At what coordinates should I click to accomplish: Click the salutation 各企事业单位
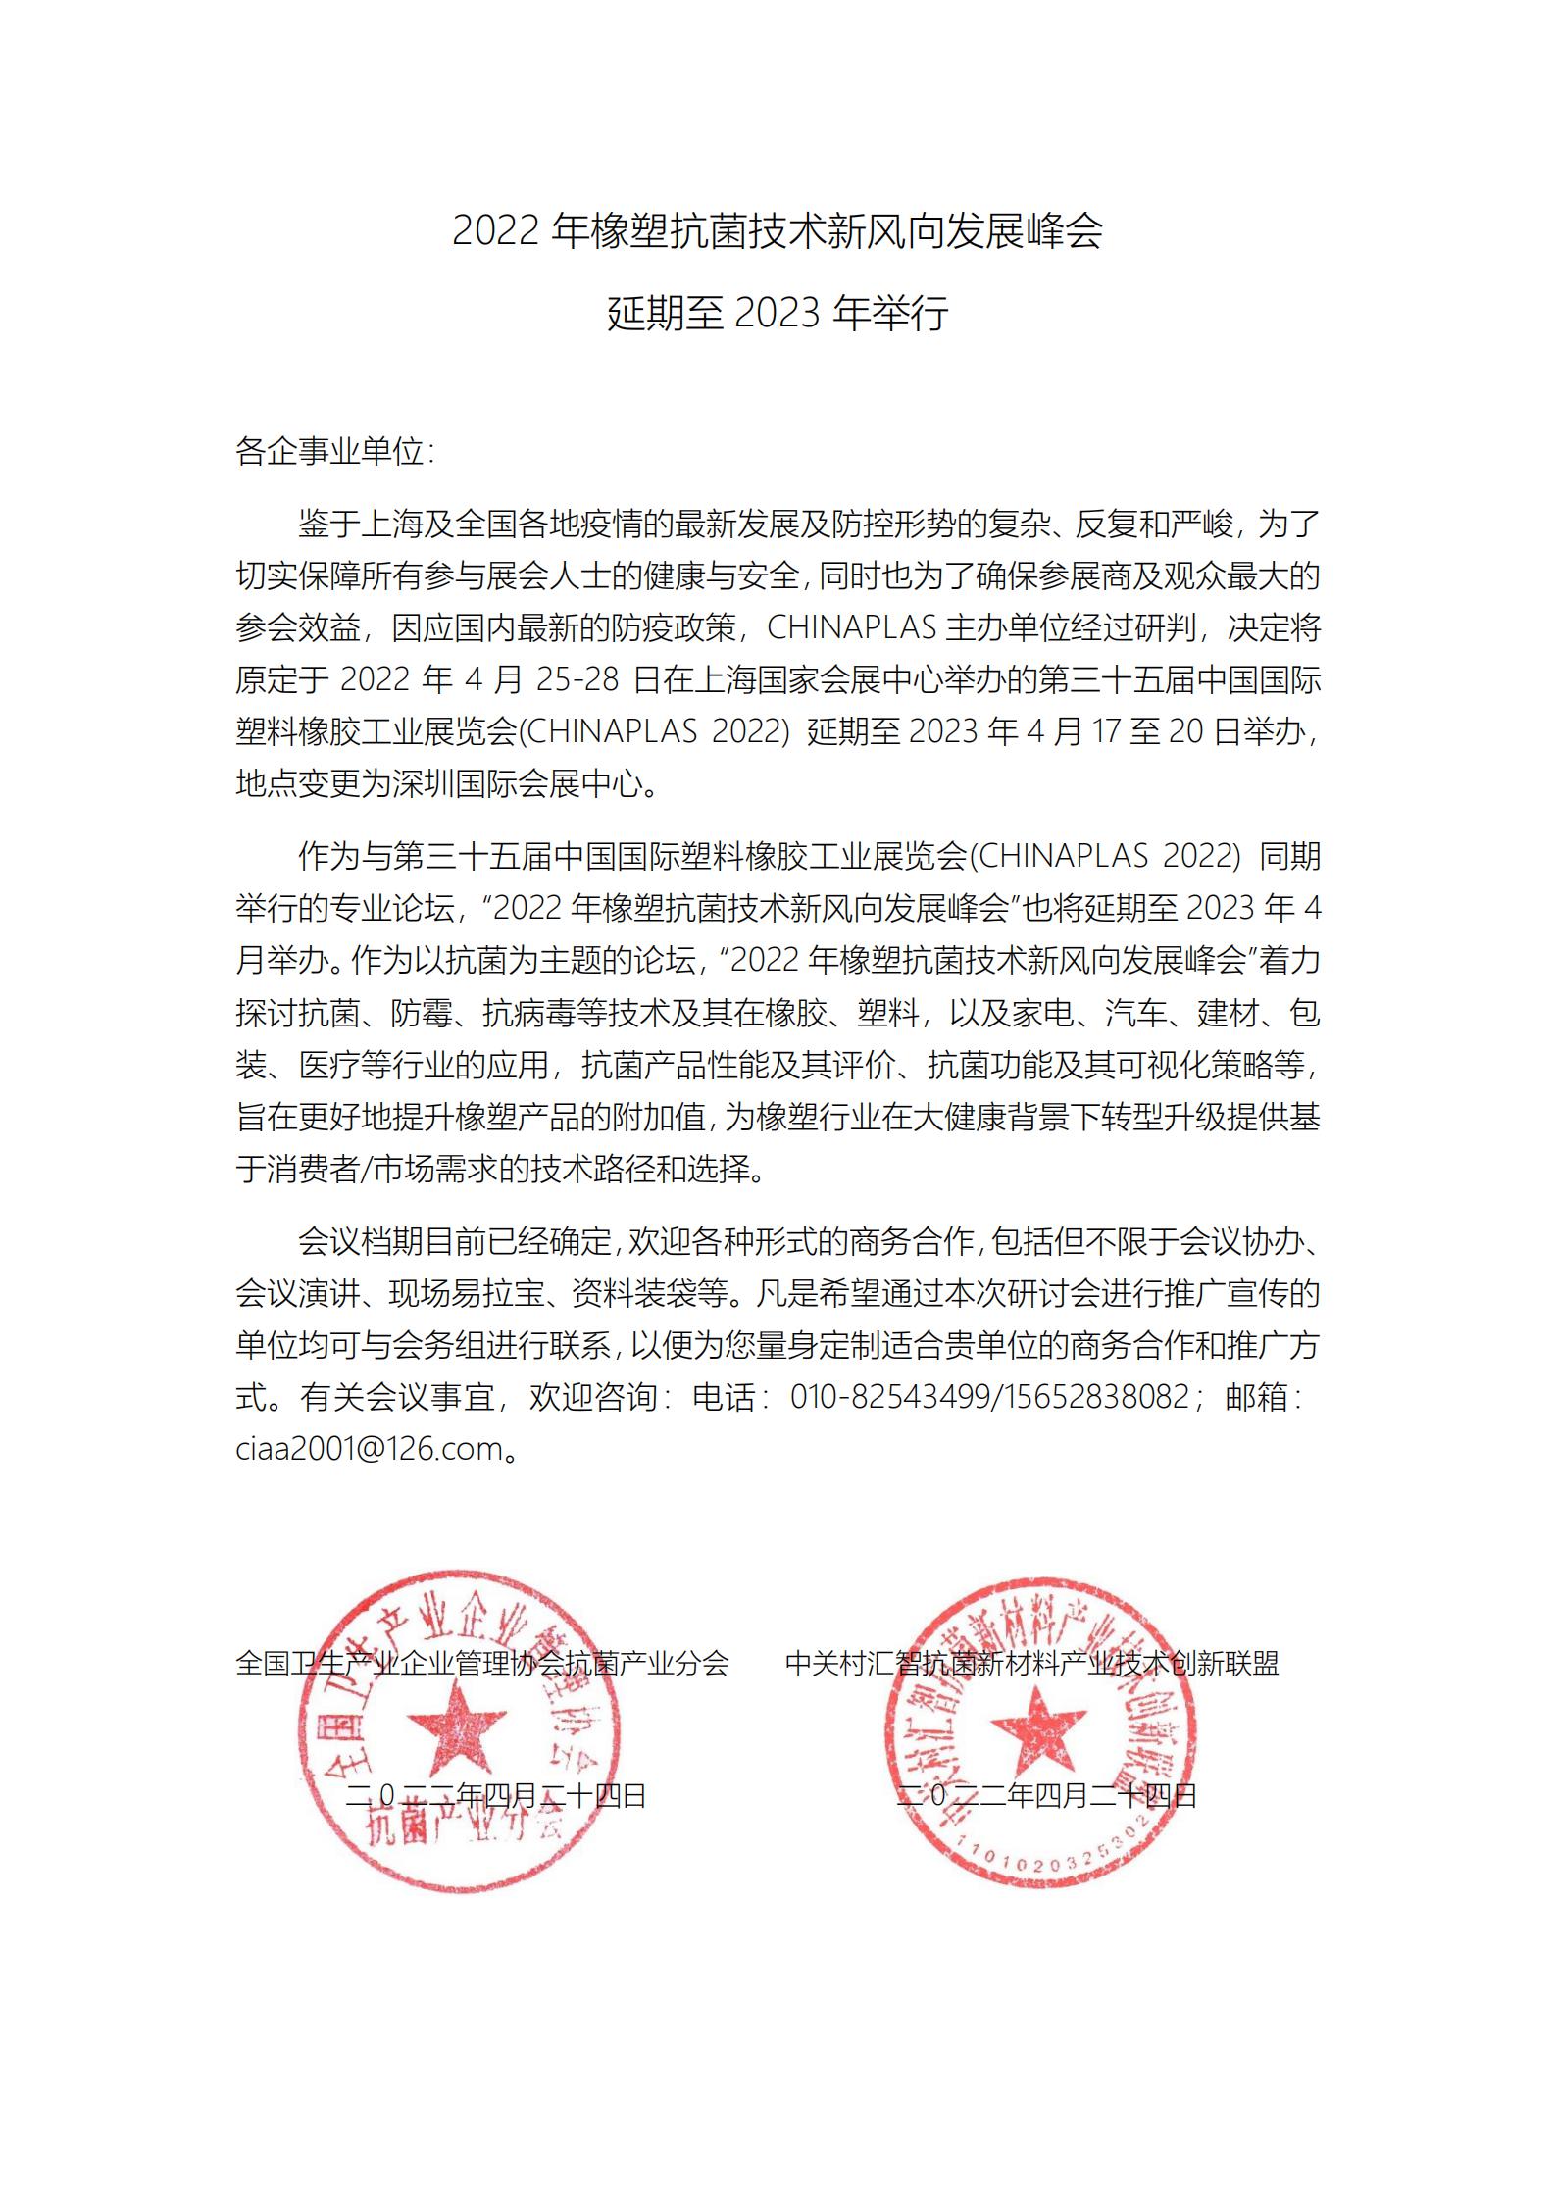pyautogui.click(x=330, y=452)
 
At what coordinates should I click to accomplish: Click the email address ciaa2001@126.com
pyautogui.click(x=369, y=1448)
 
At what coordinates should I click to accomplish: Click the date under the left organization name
pyautogui.click(x=497, y=1795)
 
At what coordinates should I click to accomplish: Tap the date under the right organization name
pyautogui.click(x=1047, y=1795)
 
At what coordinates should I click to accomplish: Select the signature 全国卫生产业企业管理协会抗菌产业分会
pyautogui.click(x=482, y=1663)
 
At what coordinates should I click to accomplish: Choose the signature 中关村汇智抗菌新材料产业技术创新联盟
pyautogui.click(x=1032, y=1663)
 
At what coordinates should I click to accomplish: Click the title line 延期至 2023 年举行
pyautogui.click(x=778, y=314)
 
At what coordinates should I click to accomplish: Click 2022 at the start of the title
pyautogui.click(x=495, y=231)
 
